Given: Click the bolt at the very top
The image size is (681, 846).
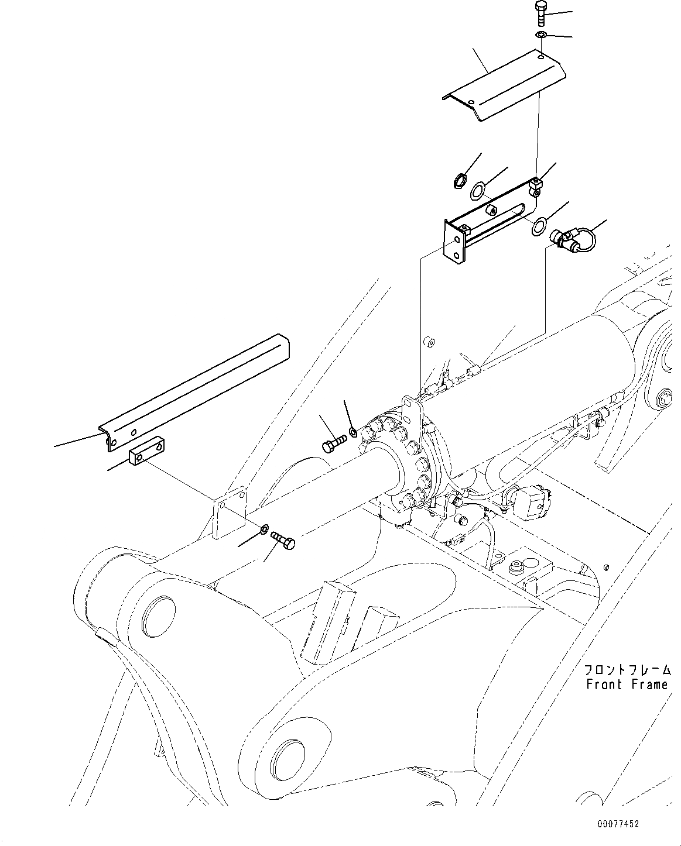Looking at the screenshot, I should [x=540, y=12].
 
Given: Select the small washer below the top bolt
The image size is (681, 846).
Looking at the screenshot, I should [x=541, y=36].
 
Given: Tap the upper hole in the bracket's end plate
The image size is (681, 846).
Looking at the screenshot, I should [x=458, y=241].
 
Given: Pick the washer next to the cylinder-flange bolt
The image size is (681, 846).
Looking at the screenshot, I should [x=353, y=432].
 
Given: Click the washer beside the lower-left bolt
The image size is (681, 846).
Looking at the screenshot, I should [x=264, y=529].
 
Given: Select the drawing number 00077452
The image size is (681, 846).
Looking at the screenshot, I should [x=618, y=823].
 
